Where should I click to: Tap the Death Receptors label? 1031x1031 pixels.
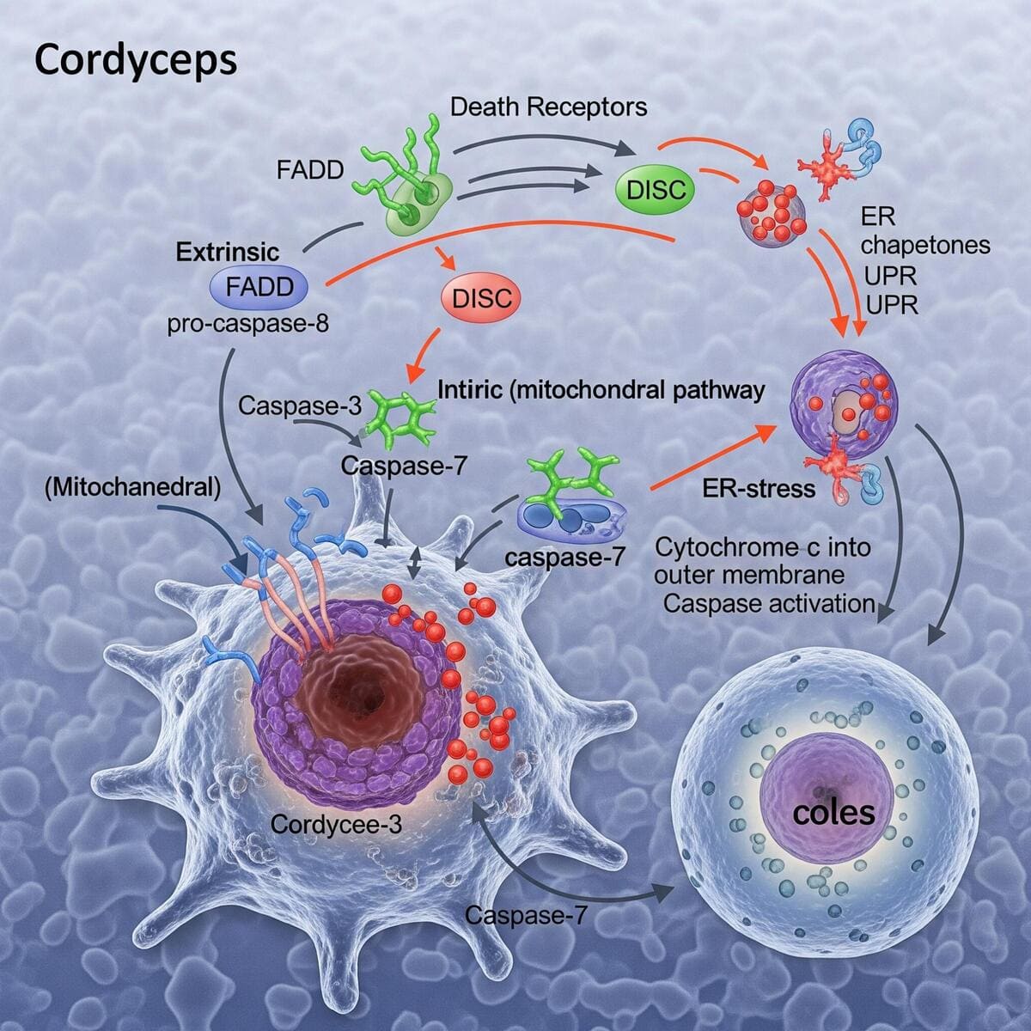tap(548, 107)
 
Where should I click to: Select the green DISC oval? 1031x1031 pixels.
tap(656, 190)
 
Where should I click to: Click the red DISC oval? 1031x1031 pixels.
tap(481, 298)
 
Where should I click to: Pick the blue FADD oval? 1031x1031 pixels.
tap(259, 288)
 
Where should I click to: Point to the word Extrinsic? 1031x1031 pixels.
tap(228, 252)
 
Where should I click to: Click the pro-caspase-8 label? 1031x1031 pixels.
tap(248, 325)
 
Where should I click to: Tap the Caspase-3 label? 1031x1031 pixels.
tap(300, 405)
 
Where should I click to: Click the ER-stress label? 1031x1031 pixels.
tap(759, 489)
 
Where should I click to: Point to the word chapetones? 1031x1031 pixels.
tap(925, 246)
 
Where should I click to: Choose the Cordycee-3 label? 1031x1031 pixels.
tap(336, 824)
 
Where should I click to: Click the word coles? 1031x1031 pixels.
tap(833, 811)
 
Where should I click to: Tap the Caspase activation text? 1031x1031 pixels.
tap(769, 603)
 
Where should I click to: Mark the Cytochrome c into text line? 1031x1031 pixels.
tap(763, 546)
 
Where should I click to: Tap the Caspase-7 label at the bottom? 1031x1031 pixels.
tap(526, 915)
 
